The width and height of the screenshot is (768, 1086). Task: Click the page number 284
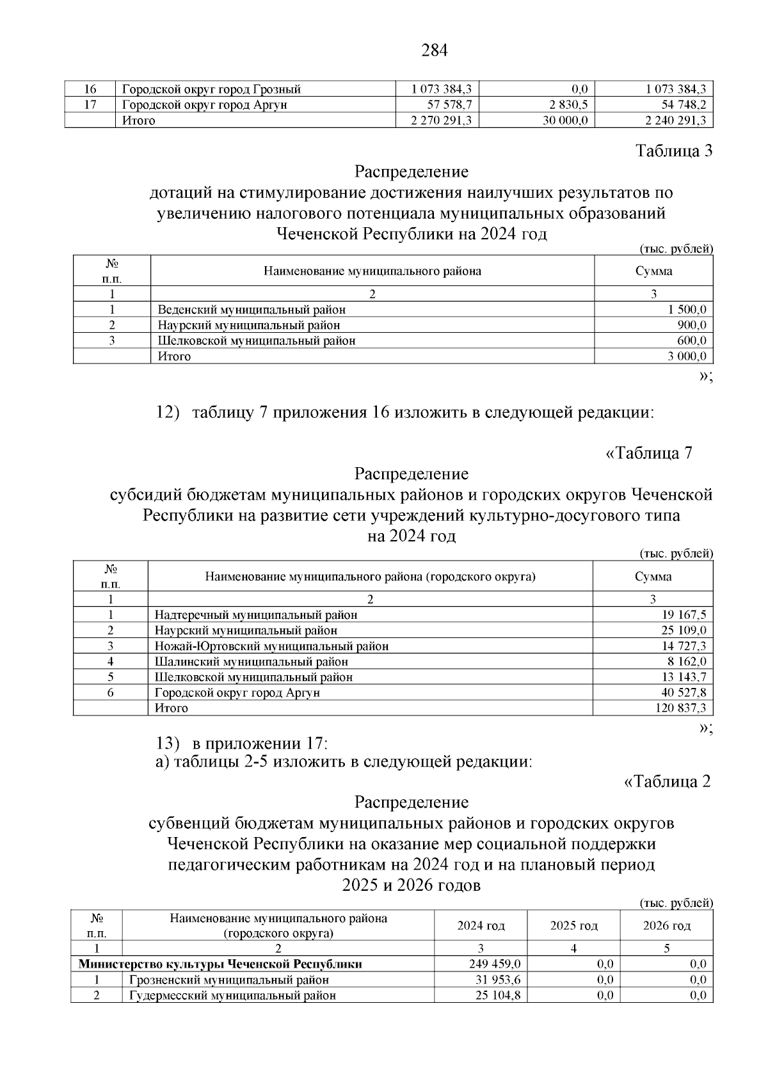(435, 51)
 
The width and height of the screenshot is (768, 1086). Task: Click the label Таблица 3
(673, 151)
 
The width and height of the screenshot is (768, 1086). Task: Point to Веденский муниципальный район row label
(252, 310)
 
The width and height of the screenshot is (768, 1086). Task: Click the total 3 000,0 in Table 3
(687, 356)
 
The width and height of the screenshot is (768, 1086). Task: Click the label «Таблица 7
(648, 453)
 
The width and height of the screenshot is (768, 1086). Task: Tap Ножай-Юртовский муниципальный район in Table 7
(271, 646)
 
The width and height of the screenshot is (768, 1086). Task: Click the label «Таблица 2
(666, 781)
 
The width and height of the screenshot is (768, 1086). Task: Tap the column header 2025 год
(573, 926)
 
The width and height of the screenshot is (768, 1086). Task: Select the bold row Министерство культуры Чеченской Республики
(220, 964)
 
